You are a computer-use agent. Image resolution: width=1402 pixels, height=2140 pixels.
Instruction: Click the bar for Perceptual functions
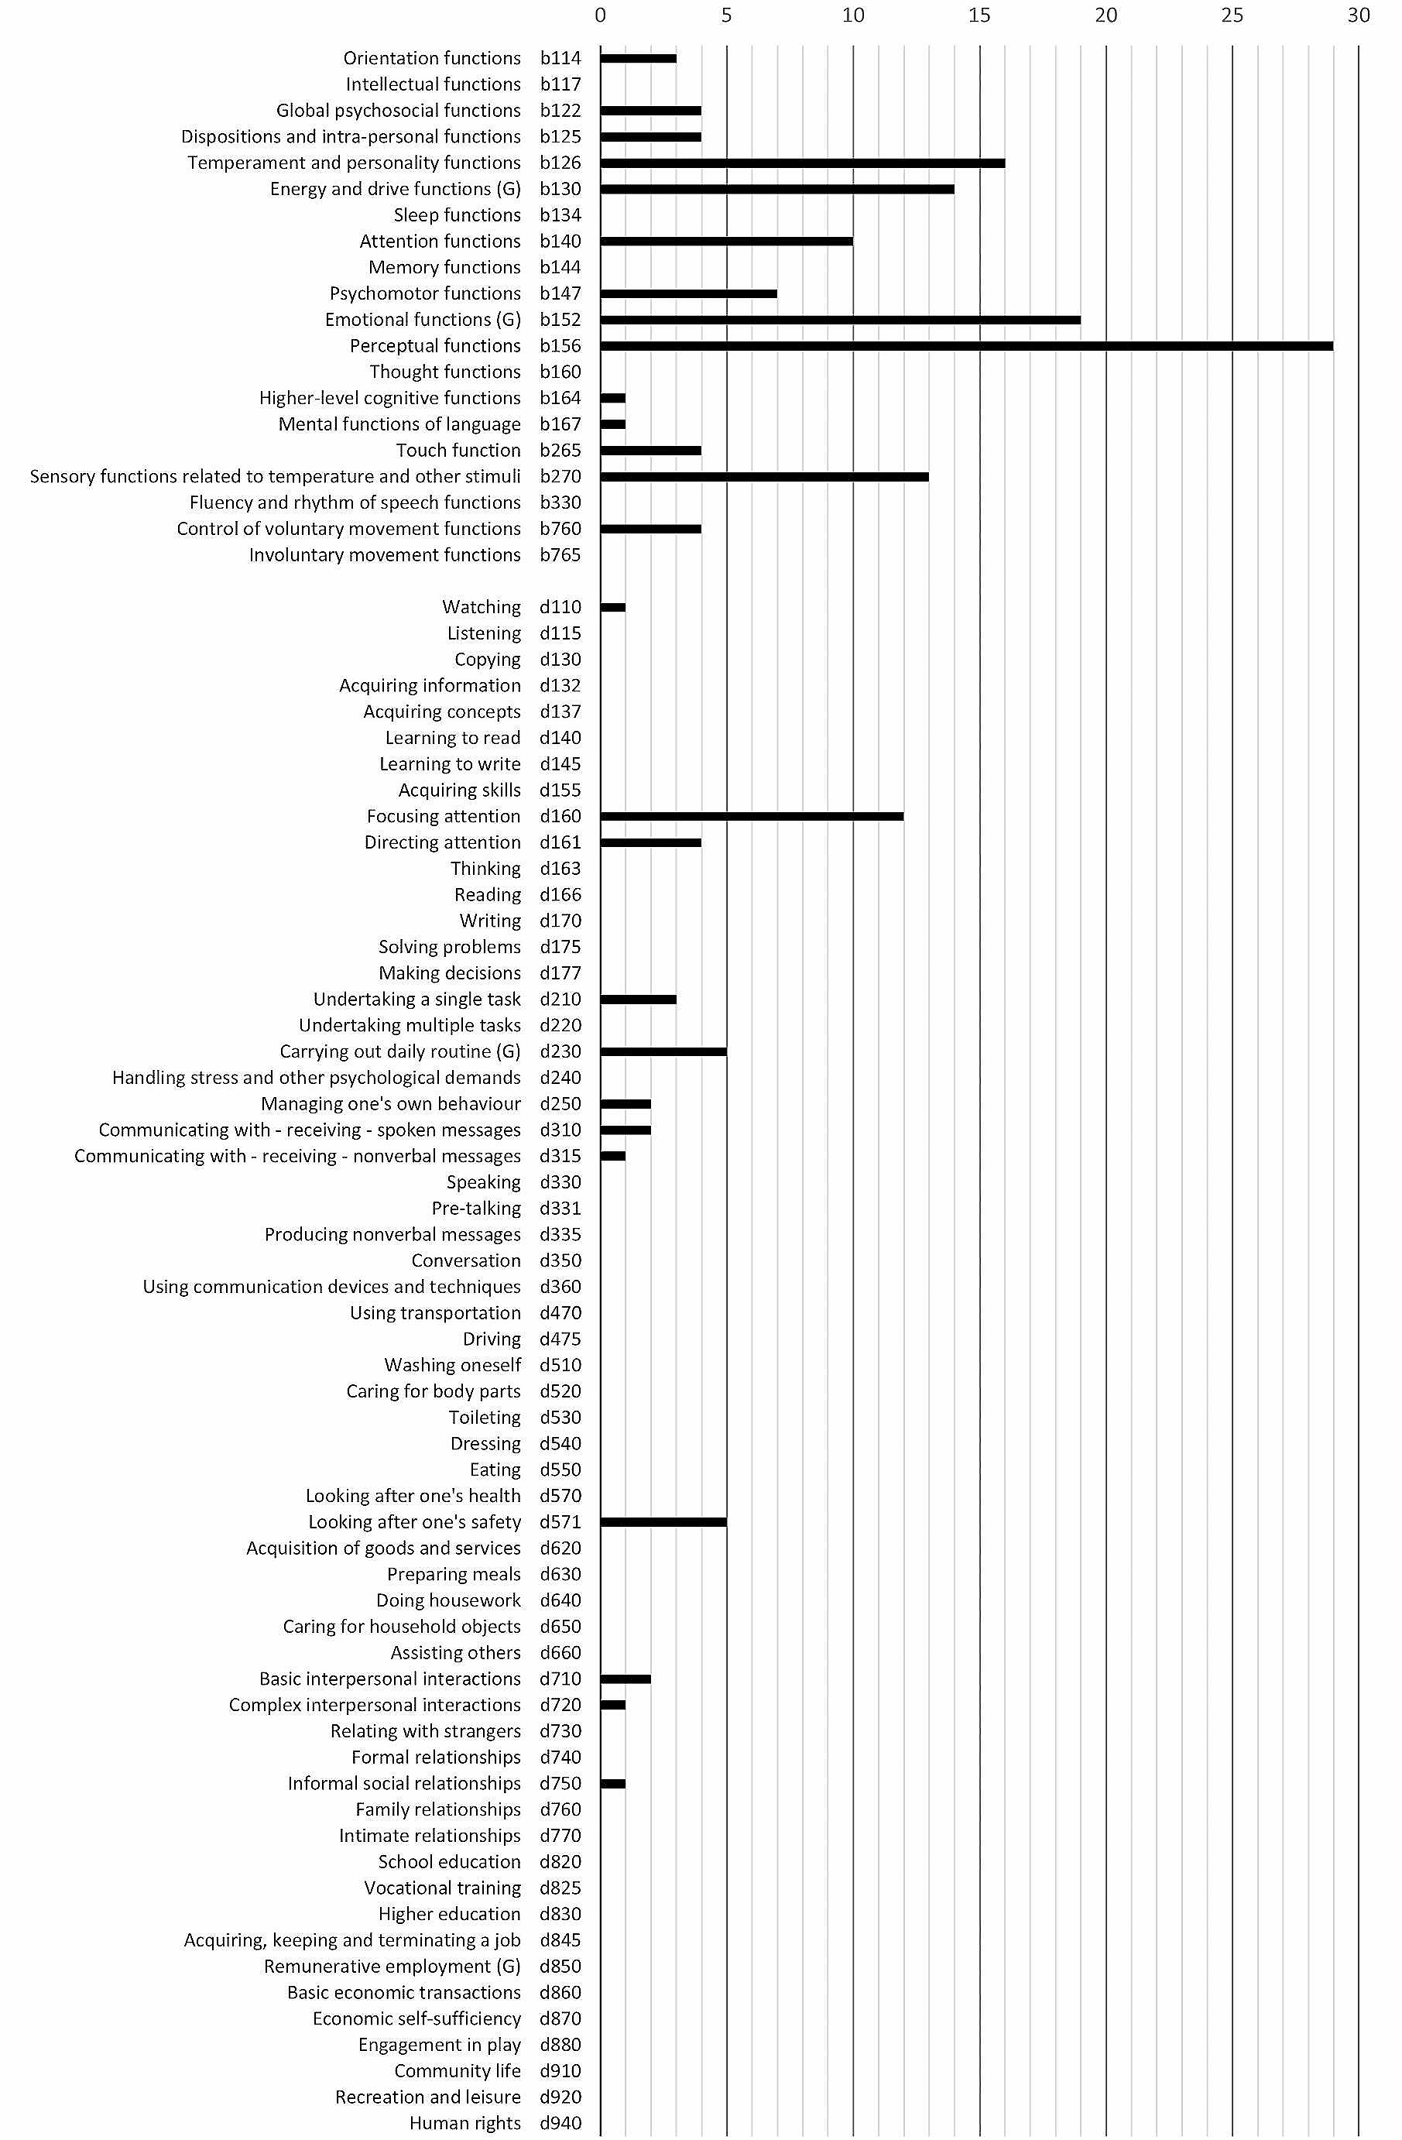[x=967, y=346]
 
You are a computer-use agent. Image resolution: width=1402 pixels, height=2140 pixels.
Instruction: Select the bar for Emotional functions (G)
[x=840, y=320]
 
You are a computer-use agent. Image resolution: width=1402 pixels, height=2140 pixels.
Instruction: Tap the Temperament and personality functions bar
[x=802, y=163]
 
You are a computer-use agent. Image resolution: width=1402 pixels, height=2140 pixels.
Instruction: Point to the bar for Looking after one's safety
[x=663, y=1522]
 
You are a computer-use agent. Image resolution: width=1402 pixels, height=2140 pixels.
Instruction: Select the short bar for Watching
[x=612, y=608]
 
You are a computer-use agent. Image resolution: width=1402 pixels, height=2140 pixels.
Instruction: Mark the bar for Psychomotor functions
[x=688, y=294]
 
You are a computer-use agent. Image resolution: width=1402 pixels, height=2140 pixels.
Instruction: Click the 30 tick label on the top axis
[x=1358, y=15]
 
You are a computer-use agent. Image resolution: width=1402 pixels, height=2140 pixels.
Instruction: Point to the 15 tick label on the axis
[x=979, y=15]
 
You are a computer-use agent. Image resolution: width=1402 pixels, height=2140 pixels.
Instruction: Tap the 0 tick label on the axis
[x=601, y=15]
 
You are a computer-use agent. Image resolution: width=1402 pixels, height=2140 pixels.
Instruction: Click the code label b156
[x=560, y=346]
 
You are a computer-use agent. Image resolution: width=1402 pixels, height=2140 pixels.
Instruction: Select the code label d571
[x=560, y=1522]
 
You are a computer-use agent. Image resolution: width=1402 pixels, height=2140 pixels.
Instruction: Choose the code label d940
[x=560, y=2123]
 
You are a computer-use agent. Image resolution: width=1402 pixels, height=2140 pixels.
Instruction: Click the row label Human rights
[x=465, y=2123]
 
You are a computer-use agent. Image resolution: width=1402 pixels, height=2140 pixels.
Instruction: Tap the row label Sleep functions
[x=457, y=215]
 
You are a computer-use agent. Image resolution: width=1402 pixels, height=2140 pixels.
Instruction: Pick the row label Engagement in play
[x=439, y=2045]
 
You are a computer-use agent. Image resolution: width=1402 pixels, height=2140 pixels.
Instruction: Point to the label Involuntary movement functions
[x=385, y=555]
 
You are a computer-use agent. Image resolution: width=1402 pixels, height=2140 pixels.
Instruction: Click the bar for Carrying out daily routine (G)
[x=663, y=1052]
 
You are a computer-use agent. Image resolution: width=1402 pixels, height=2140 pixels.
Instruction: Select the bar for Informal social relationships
[x=612, y=1784]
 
